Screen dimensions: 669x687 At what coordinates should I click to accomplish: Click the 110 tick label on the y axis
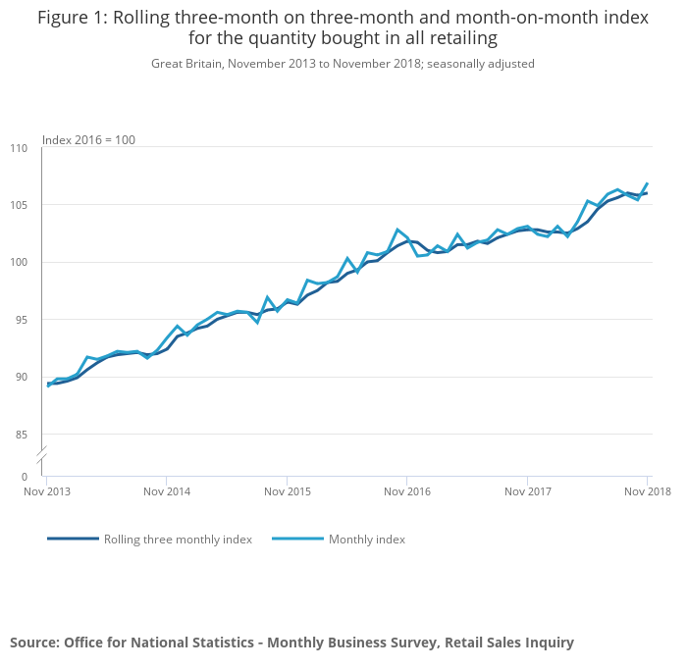pos(19,148)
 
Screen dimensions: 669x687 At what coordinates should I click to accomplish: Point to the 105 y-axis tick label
pos(19,205)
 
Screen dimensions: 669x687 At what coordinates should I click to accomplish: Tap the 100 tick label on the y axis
pos(19,263)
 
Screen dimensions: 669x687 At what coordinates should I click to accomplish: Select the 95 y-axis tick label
pos(21,320)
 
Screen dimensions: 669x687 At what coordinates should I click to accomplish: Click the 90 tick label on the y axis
pos(21,378)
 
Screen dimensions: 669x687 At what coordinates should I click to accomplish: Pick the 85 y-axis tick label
pos(21,435)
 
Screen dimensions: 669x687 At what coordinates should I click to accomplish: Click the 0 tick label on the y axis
pos(25,477)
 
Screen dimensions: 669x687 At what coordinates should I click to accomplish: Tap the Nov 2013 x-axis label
pos(48,490)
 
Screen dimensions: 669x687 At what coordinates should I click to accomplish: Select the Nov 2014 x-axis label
pos(168,490)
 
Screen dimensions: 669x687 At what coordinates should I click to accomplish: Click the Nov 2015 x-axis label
pos(288,490)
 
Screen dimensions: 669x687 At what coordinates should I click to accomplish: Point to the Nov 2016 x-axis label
pos(407,490)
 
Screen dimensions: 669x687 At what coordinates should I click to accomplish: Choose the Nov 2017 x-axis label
pos(528,490)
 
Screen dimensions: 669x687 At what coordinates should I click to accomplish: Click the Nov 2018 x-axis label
pos(647,490)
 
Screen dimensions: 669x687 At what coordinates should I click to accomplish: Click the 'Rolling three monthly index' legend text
pos(178,540)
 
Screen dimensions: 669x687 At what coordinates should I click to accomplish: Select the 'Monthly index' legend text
pos(367,540)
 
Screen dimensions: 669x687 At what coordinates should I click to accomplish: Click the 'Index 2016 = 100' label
pos(88,140)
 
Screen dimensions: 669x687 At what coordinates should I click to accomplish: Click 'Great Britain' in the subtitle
pos(185,64)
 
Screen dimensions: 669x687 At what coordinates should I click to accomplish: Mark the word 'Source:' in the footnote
pos(34,643)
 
